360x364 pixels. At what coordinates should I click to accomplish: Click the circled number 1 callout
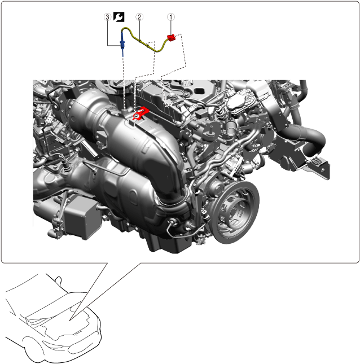pyautogui.click(x=171, y=17)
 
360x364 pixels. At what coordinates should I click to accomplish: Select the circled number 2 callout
pyautogui.click(x=139, y=17)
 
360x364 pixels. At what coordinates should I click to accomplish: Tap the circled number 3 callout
pyautogui.click(x=107, y=17)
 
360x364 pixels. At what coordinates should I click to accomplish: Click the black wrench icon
pyautogui.click(x=119, y=17)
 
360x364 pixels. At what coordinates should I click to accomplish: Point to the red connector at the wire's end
pyautogui.click(x=172, y=38)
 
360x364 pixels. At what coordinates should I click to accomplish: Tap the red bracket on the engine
pyautogui.click(x=141, y=113)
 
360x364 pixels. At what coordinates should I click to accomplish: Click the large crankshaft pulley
pyautogui.click(x=234, y=211)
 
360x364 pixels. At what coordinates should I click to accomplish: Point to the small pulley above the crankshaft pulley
pyautogui.click(x=216, y=186)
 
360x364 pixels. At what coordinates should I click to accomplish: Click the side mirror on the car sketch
pyautogui.click(x=59, y=280)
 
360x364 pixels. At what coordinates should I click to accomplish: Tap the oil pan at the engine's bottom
pyautogui.click(x=167, y=244)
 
